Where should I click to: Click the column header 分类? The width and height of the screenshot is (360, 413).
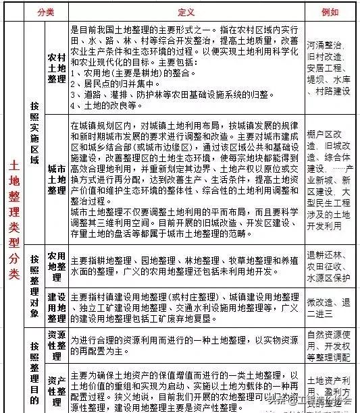(x=46, y=11)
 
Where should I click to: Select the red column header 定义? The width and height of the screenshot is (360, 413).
(x=186, y=11)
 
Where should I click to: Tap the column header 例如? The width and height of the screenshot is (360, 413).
(x=328, y=11)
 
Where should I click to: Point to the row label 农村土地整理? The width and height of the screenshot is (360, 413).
(x=56, y=69)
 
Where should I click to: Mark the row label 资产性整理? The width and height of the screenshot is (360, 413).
(x=56, y=386)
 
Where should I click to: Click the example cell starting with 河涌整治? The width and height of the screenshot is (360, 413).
(x=328, y=68)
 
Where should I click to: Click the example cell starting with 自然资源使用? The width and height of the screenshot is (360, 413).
(x=328, y=343)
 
